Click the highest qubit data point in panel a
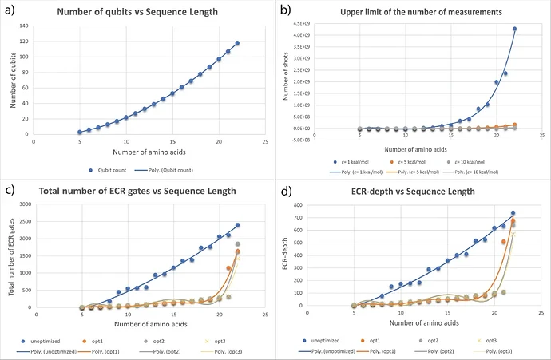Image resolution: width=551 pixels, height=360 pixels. [237, 43]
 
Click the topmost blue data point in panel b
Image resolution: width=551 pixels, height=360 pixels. [515, 30]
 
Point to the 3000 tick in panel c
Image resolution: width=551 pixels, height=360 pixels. [24, 204]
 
